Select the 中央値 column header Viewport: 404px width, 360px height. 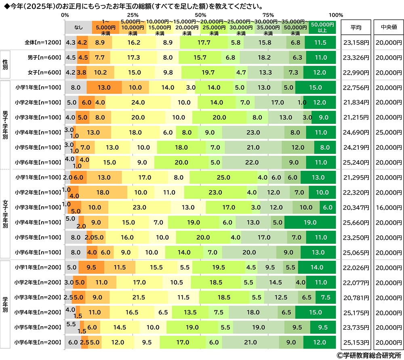tap(388, 27)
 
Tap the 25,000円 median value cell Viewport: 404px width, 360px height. tap(388, 132)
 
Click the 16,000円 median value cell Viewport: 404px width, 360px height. tap(388, 207)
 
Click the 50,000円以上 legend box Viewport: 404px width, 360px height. tap(322, 27)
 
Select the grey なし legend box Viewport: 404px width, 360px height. tap(78, 27)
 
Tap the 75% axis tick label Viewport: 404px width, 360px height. tap(267, 15)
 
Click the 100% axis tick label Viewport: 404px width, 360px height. tap(335, 15)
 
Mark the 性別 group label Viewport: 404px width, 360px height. tap(5, 65)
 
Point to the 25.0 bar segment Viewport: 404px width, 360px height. tap(223, 177)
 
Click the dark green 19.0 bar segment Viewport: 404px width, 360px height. tap(310, 222)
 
